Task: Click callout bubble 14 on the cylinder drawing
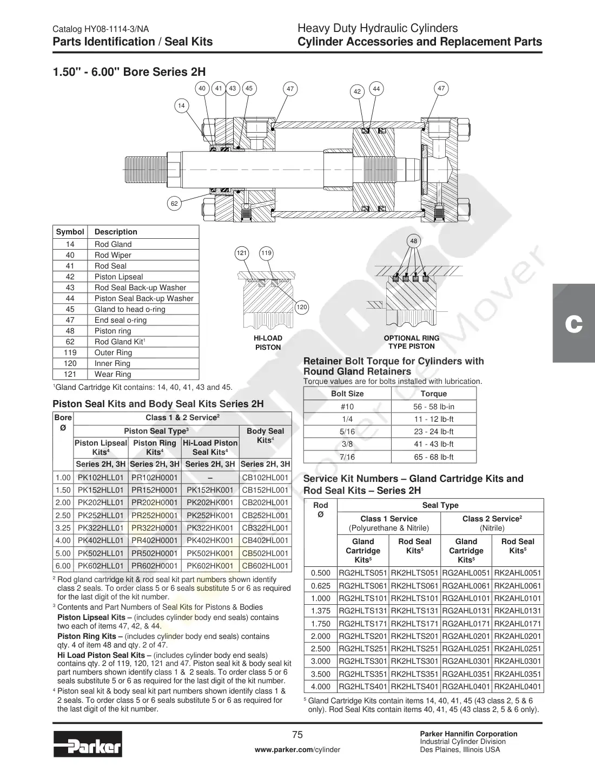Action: click(x=181, y=106)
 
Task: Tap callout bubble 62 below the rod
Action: click(x=174, y=204)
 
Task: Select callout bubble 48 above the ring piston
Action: click(x=414, y=241)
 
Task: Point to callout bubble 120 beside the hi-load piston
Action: click(x=302, y=307)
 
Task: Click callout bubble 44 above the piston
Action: click(x=376, y=89)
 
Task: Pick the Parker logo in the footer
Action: click(x=88, y=744)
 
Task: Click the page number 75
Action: click(x=297, y=735)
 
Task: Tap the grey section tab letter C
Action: click(x=574, y=324)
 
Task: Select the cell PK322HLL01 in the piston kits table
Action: click(x=101, y=528)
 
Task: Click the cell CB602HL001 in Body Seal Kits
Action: click(x=265, y=566)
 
